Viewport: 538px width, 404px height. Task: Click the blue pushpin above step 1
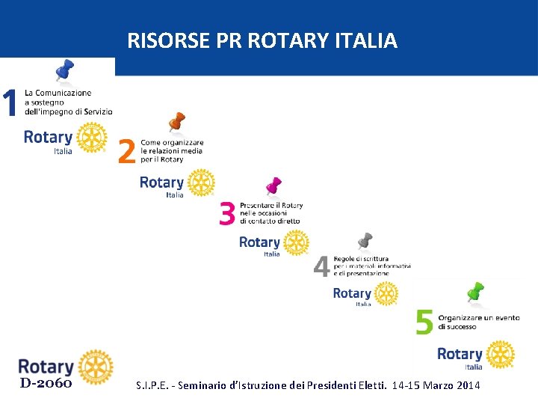tap(64, 71)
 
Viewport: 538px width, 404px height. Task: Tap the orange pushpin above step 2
tap(176, 122)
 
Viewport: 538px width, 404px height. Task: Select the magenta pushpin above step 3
tap(273, 186)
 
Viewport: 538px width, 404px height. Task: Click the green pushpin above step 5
tap(475, 292)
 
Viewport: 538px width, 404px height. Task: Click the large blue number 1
tap(10, 103)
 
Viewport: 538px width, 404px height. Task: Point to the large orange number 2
tap(127, 153)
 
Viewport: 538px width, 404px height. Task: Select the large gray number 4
tap(321, 266)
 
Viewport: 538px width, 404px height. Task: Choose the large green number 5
tap(424, 322)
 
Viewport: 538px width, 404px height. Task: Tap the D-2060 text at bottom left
tap(46, 384)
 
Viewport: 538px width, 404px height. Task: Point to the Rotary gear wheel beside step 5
tap(500, 354)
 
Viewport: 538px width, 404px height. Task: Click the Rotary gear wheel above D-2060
tap(95, 367)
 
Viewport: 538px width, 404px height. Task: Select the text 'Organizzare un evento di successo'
tap(478, 322)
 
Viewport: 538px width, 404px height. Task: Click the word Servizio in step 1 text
tap(99, 111)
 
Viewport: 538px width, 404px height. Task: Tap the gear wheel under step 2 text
tap(200, 183)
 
